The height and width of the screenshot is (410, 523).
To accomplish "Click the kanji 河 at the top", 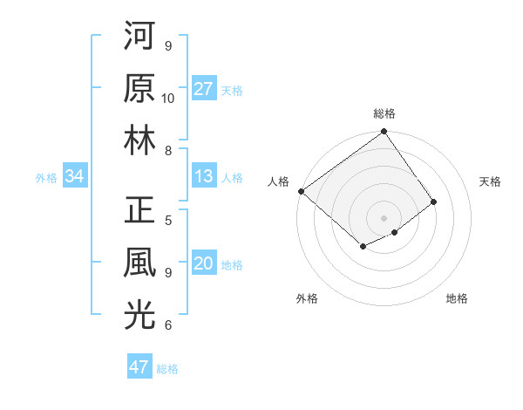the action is coord(139,36).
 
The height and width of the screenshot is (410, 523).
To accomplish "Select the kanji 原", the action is coord(139,88).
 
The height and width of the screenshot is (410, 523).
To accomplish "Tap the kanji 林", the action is coord(139,140).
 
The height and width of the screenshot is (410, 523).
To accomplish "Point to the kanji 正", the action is coord(139,212).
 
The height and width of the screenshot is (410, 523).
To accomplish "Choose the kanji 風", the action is coord(139,263).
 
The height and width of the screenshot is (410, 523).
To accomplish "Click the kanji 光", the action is coord(139,316).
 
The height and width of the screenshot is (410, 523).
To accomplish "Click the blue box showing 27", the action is coord(204,89).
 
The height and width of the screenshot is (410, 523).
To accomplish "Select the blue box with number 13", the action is coord(204,176).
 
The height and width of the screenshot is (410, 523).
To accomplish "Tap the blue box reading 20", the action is coord(204,264).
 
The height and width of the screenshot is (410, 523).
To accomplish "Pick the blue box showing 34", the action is coord(74,176).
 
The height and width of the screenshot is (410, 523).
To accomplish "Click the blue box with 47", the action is coord(139,367).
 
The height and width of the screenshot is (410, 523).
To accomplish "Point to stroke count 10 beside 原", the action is coord(168,99).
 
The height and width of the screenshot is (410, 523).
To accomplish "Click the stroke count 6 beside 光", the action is coord(168,326).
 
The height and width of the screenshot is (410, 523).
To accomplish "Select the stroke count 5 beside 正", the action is coord(168,221).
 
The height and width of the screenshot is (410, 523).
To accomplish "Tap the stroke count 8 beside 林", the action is coord(168,151).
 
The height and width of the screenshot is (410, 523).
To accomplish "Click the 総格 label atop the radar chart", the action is coord(384,113).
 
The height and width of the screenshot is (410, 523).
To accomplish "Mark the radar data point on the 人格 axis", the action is coord(301,191).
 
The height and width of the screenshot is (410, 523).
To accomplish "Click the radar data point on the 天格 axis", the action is coord(434,202).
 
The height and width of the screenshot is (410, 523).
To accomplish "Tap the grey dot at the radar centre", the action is coord(384,216).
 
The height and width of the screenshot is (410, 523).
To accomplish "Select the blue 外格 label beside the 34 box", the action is coord(46,177).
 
